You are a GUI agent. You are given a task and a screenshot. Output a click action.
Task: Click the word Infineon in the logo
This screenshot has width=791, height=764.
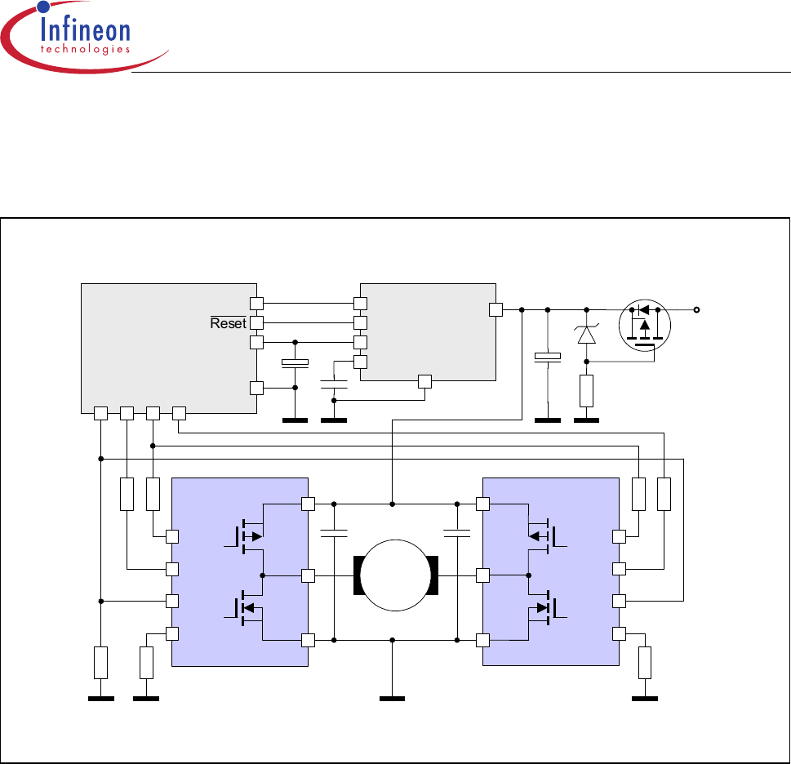(85, 32)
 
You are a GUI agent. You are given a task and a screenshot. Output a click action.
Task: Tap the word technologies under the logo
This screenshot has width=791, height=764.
(85, 49)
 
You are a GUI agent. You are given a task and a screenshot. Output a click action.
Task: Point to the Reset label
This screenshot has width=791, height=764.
(228, 323)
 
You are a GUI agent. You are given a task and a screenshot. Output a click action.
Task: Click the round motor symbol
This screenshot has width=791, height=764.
(396, 575)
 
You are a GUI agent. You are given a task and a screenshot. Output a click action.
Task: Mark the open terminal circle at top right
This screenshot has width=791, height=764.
(696, 309)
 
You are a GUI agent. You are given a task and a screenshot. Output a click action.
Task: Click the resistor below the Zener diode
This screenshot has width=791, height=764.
(586, 390)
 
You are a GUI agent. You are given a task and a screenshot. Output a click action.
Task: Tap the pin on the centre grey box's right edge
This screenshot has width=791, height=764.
(494, 309)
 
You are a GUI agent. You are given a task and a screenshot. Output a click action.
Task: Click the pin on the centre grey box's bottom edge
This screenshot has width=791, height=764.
(424, 380)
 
